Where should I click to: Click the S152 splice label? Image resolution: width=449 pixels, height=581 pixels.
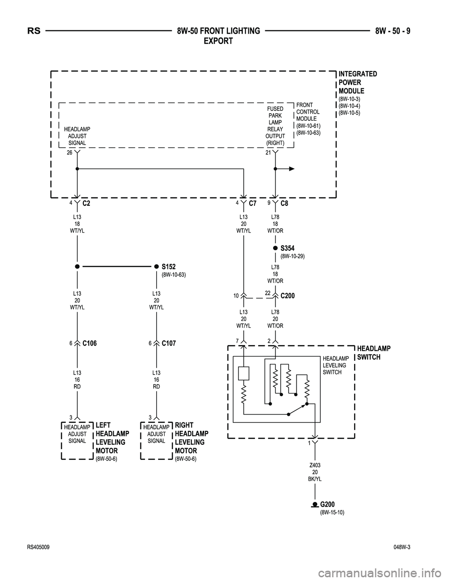tap(168, 267)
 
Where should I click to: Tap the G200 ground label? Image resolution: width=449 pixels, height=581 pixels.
tap(327, 504)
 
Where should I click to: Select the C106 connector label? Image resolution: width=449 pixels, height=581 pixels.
tap(89, 343)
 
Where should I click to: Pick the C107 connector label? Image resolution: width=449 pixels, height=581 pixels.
tap(169, 343)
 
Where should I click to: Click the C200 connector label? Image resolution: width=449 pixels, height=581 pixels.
tap(288, 296)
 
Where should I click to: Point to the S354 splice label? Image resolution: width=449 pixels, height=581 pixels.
tap(287, 248)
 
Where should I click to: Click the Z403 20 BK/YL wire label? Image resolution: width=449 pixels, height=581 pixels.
tap(315, 472)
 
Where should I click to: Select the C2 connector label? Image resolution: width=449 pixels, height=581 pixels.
tap(86, 203)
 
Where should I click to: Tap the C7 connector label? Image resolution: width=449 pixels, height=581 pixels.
tap(253, 203)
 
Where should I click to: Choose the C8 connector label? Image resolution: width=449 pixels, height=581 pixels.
tap(284, 203)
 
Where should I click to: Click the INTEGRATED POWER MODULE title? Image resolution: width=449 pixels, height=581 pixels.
tap(357, 82)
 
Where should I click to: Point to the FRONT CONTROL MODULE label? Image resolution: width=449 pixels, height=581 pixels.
tap(308, 112)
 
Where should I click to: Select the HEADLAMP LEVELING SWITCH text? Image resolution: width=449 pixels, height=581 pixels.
tap(334, 365)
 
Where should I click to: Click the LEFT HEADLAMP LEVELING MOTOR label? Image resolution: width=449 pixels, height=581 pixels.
tap(112, 438)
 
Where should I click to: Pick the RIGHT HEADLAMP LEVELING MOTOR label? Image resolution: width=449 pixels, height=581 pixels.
tap(191, 438)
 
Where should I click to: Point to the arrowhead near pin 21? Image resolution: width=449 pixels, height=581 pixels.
tap(291, 169)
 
